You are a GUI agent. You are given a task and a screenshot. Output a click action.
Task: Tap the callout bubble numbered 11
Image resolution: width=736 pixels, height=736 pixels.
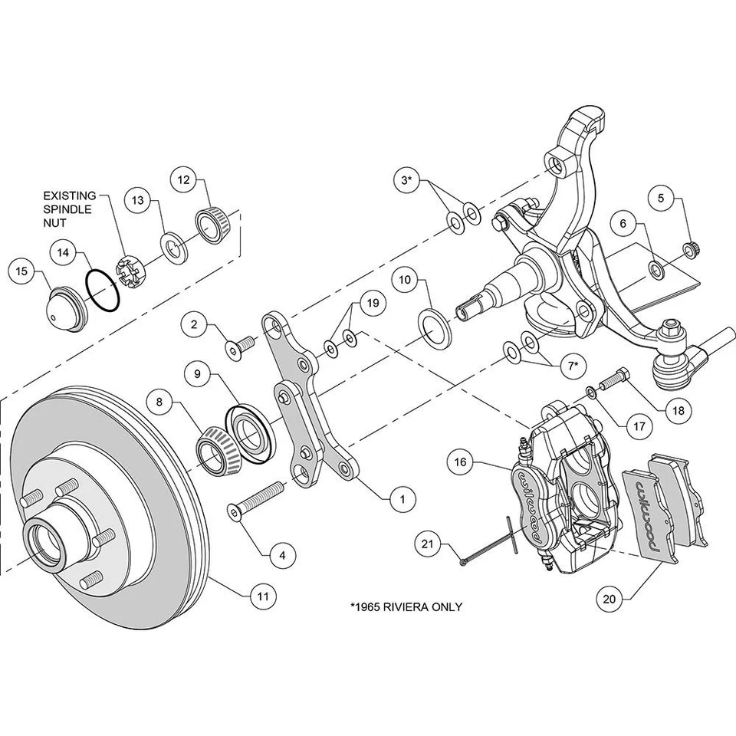pos(262,594)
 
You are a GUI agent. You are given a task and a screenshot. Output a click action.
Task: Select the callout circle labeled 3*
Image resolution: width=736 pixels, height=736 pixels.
pos(407,181)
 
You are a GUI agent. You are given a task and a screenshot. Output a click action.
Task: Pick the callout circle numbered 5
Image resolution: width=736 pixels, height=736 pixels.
pos(662,199)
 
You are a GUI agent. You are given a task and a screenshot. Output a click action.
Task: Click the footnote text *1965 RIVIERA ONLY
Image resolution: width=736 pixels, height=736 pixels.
pos(406,606)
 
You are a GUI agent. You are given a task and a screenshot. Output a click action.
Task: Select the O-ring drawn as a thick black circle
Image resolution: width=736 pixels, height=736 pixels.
pos(102,291)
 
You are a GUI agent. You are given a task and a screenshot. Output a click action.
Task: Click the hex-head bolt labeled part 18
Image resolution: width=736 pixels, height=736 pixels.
pos(613,378)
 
